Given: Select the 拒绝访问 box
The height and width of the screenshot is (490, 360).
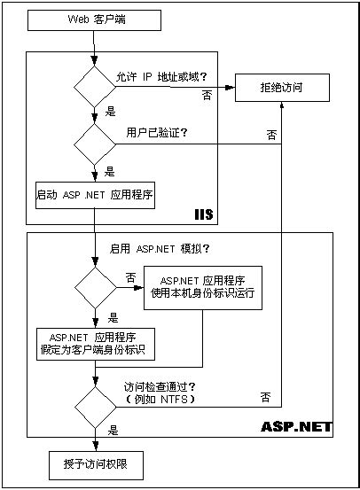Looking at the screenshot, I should click(283, 86).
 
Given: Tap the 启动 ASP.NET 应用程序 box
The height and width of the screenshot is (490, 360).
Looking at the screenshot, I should click(93, 194).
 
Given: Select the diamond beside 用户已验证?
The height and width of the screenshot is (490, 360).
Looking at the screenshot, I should click(93, 142).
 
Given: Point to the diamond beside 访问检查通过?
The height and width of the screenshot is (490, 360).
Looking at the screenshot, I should click(93, 404).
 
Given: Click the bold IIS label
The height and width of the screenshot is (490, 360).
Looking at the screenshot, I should click(205, 215).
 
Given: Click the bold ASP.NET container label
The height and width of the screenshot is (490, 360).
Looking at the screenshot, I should click(296, 426).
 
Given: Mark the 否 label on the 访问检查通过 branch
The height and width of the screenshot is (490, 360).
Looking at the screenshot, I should click(265, 394).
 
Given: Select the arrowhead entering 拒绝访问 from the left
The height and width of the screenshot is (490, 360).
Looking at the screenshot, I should click(232, 86).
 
